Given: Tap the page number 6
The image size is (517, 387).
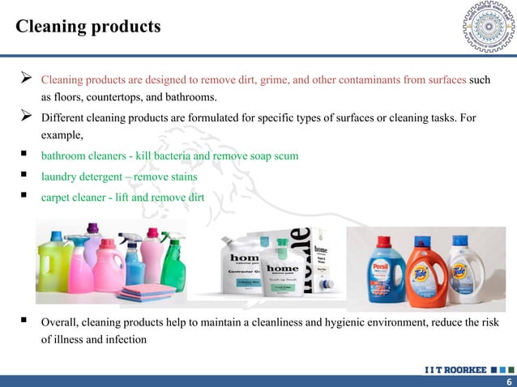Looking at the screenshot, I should click(x=507, y=381).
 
